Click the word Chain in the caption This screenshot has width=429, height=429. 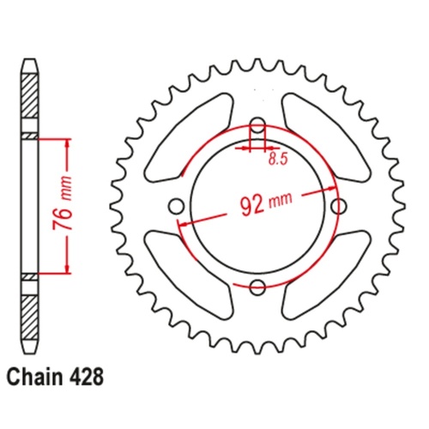pyautogui.click(x=35, y=375)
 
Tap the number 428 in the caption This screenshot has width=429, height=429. pyautogui.click(x=89, y=375)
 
